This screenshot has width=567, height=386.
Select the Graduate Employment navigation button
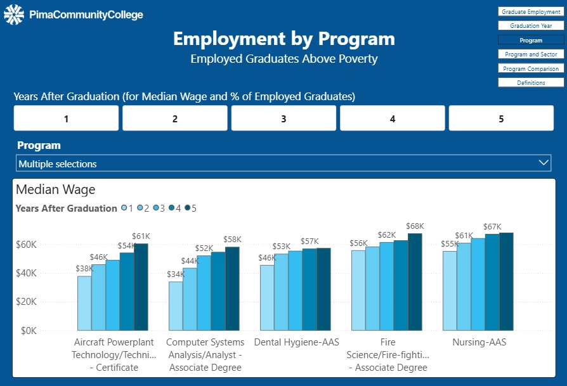pos(531,12)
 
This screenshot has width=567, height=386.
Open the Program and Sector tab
pos(531,55)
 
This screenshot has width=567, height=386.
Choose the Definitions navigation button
pos(531,82)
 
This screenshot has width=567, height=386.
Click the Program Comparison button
pos(531,68)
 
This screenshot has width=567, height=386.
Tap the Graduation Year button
pos(531,26)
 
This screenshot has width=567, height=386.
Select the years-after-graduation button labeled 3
pos(283,119)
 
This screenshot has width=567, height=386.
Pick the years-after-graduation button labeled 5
pos(501,119)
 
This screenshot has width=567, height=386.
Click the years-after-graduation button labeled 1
pos(66,119)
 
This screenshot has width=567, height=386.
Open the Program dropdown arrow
pos(544,163)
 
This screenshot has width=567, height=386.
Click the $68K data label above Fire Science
pos(415,226)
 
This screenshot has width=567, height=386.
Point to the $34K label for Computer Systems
pos(176,274)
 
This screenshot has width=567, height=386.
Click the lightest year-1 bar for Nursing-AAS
pos(450,291)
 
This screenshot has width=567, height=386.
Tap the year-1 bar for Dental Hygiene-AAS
pos(267,297)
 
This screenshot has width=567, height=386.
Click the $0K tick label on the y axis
pos(29,331)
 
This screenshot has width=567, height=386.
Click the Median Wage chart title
pos(56,189)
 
